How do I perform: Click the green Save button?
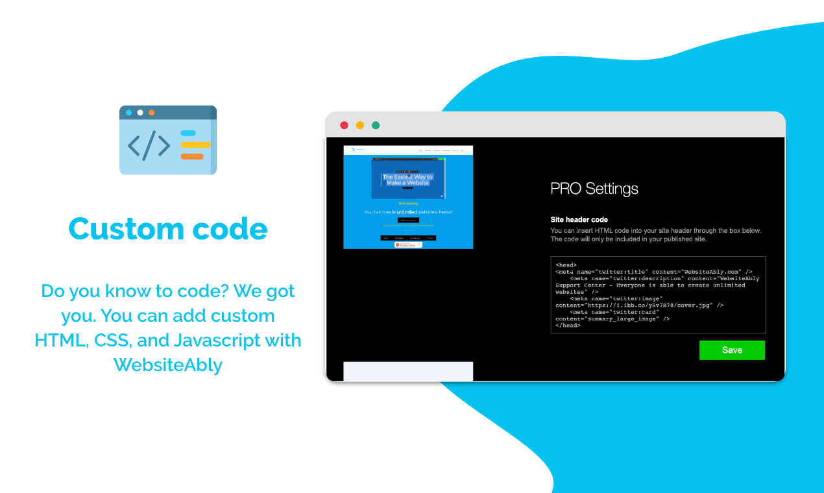coord(732,350)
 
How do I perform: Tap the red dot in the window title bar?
coord(344,125)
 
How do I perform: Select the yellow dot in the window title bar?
coord(360,125)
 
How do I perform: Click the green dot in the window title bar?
coord(376,125)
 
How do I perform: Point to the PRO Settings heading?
coord(594,189)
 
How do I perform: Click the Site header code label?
coord(579,220)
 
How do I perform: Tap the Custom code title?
coord(167,229)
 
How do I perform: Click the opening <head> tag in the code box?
coord(566,265)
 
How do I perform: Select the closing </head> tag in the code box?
coord(568,326)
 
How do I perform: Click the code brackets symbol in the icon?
coord(149,147)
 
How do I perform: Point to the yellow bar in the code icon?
coord(195,145)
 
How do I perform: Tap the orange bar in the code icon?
coord(192,156)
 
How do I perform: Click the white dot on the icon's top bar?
coord(140,112)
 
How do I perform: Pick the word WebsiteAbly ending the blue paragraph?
coord(168,365)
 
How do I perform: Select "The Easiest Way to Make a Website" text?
coord(407,180)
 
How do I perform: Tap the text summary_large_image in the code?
coord(624,319)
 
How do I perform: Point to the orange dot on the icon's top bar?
coord(152,112)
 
